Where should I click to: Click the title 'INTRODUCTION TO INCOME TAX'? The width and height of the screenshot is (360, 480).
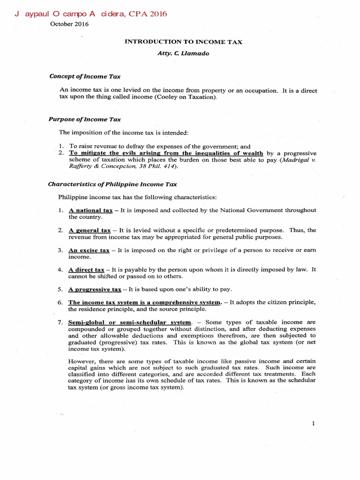pos(183,42)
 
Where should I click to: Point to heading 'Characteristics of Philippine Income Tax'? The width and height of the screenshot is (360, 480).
pos(112,184)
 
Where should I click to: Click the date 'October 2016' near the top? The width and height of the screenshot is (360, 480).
pos(69,24)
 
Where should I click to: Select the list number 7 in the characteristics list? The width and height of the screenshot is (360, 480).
pos(60,322)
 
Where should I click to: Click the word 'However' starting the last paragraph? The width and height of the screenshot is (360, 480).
pos(82,361)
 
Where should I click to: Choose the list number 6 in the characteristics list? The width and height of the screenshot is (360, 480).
pos(60,302)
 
